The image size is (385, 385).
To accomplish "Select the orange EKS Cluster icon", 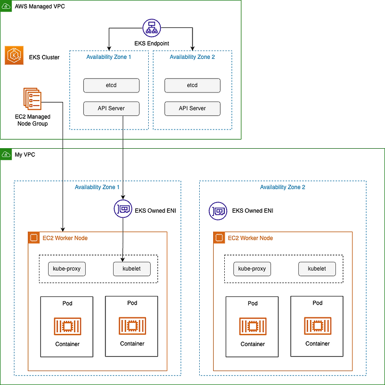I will pyautogui.click(x=14, y=56).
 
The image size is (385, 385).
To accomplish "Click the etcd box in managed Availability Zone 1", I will pyautogui.click(x=111, y=85).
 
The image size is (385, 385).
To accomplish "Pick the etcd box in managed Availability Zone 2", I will pyautogui.click(x=192, y=85).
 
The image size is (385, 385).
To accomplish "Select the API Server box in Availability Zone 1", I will pyautogui.click(x=111, y=108).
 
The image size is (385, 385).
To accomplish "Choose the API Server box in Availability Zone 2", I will pyautogui.click(x=192, y=108).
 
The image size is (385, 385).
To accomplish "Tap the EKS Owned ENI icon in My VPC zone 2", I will pyautogui.click(x=218, y=211).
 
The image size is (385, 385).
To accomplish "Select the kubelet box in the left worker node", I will pyautogui.click(x=131, y=269).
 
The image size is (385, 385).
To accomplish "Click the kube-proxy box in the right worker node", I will pyautogui.click(x=252, y=269).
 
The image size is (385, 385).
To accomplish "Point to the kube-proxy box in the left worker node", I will pyautogui.click(x=67, y=269).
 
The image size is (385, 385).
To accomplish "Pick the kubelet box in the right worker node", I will pyautogui.click(x=317, y=269).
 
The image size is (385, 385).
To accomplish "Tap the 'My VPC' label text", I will pyautogui.click(x=25, y=154).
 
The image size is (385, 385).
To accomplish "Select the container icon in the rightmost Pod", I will pyautogui.click(x=317, y=326).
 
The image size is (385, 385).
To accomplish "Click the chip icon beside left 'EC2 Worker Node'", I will pyautogui.click(x=34, y=238).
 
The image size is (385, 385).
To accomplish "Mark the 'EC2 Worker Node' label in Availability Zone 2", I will pyautogui.click(x=250, y=238).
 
